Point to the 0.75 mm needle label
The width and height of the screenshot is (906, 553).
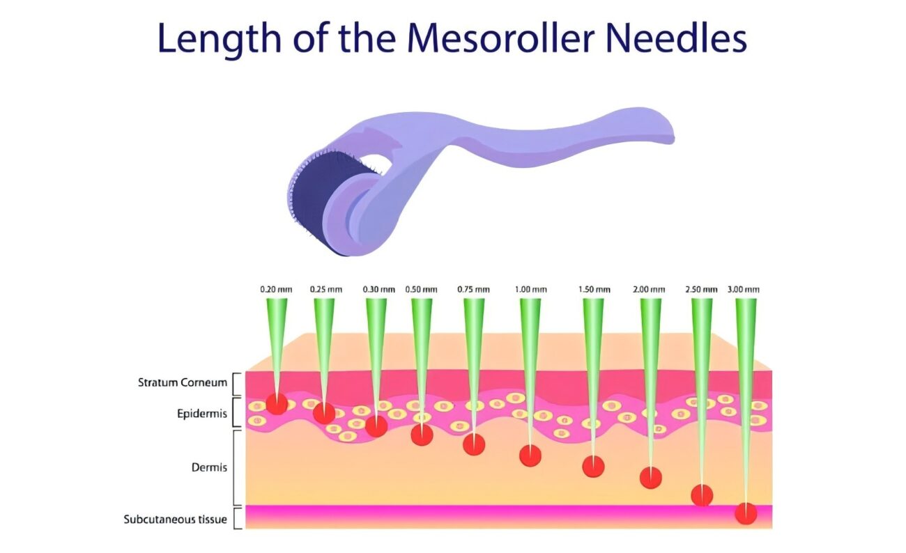pyautogui.click(x=473, y=289)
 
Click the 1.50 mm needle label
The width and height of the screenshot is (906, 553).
pyautogui.click(x=594, y=289)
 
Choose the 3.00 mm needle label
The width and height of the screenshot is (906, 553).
pyautogui.click(x=744, y=289)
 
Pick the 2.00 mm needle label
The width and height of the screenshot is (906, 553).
pyautogui.click(x=650, y=289)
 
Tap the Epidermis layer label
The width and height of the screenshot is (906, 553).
pyautogui.click(x=201, y=413)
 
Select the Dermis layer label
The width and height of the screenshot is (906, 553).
pyautogui.click(x=209, y=467)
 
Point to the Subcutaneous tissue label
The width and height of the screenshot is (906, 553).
pyautogui.click(x=175, y=519)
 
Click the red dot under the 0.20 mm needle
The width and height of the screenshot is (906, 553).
pyautogui.click(x=277, y=404)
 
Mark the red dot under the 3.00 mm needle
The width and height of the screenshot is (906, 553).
pyautogui.click(x=746, y=513)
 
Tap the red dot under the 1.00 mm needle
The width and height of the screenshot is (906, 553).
pyautogui.click(x=530, y=455)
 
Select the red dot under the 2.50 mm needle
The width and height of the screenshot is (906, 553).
pyautogui.click(x=702, y=494)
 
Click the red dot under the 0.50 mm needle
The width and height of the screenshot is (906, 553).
pyautogui.click(x=422, y=435)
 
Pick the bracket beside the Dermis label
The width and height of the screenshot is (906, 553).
pyautogui.click(x=237, y=467)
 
